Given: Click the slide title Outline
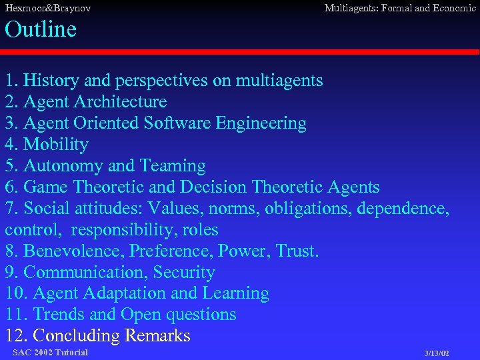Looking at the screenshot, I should (x=41, y=29).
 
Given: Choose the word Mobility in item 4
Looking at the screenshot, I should (x=55, y=145).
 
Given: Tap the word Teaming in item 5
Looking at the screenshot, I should (x=173, y=166).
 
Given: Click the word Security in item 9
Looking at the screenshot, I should (x=184, y=273).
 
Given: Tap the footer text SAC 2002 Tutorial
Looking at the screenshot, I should (x=50, y=352).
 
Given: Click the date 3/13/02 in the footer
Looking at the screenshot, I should (x=437, y=353).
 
